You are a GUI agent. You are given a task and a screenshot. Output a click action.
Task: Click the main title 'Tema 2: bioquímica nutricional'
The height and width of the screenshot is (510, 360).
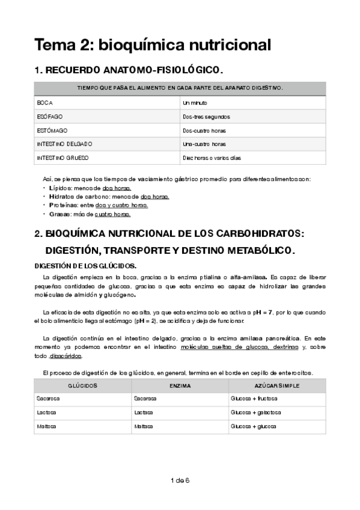[x=153, y=45]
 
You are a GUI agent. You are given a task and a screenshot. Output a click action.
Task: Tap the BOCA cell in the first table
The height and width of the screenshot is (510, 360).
[x=45, y=103]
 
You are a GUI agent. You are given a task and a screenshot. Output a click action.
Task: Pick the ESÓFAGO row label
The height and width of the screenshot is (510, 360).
[x=49, y=117]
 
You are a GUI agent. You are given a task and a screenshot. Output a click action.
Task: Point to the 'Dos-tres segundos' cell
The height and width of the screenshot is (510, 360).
[x=206, y=117]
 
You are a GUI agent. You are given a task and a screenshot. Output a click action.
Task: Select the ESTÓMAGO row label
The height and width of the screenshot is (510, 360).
[x=52, y=131]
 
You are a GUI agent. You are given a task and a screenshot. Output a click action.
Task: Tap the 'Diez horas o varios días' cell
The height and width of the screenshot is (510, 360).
[x=212, y=158]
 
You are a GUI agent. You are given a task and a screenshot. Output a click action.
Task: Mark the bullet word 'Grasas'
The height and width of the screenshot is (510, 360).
[x=59, y=214]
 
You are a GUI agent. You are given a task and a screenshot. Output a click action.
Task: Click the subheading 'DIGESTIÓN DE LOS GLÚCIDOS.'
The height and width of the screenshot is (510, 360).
[x=85, y=265]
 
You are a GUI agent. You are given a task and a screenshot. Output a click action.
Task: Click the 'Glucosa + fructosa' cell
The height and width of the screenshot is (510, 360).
[x=255, y=399]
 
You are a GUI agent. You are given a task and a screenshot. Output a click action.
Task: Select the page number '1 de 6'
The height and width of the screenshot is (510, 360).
[x=180, y=480]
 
